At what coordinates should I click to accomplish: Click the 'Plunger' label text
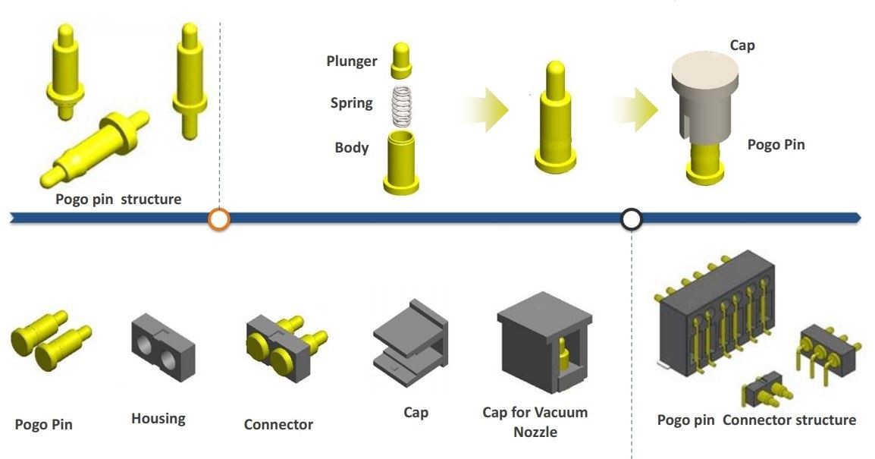352,61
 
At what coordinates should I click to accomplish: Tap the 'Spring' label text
351,103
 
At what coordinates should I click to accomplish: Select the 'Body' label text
352,148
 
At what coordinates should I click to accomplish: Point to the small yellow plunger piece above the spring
402,61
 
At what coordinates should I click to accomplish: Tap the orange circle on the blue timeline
219,219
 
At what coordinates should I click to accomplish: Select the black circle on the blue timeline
632,219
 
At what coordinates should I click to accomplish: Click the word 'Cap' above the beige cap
742,46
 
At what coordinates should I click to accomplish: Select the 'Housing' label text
158,418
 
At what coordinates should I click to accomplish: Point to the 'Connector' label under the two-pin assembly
278,425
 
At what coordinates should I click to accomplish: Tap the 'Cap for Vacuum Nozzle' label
535,422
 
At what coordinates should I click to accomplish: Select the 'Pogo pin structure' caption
118,200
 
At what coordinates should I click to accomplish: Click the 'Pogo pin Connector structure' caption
756,420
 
